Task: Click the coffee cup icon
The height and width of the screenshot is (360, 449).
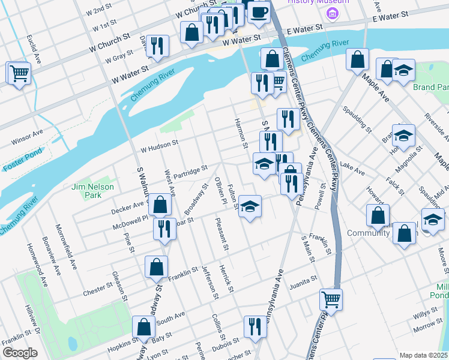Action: click(x=259, y=11)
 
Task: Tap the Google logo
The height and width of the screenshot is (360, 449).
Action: click(x=19, y=353)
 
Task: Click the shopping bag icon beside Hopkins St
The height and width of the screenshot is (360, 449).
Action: click(x=143, y=328)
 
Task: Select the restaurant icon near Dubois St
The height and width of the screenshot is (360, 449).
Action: click(x=255, y=327)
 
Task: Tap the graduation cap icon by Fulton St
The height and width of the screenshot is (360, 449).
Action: click(x=250, y=206)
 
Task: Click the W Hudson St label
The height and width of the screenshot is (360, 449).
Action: click(x=160, y=143)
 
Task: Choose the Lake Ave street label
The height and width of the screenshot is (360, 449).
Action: click(x=352, y=168)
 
